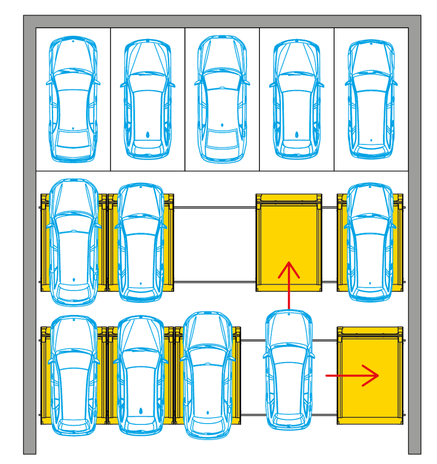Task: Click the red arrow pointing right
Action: (x=353, y=375)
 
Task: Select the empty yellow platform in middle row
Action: (x=289, y=236)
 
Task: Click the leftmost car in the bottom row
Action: (x=73, y=375)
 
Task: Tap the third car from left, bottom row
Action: (x=208, y=375)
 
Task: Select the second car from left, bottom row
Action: (x=141, y=375)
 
